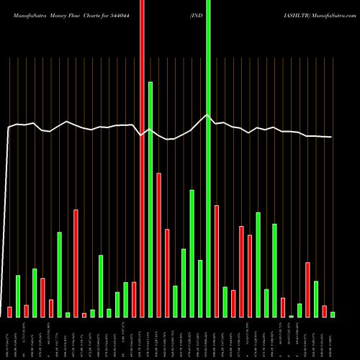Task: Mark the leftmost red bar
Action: coord(9,312)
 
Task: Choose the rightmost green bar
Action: coord(333,314)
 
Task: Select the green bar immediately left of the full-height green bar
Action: coord(200,288)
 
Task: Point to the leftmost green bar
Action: coord(18,296)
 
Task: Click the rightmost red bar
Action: coord(324,311)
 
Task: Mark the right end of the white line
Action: coord(331,137)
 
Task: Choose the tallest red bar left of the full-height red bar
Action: coord(76,263)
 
